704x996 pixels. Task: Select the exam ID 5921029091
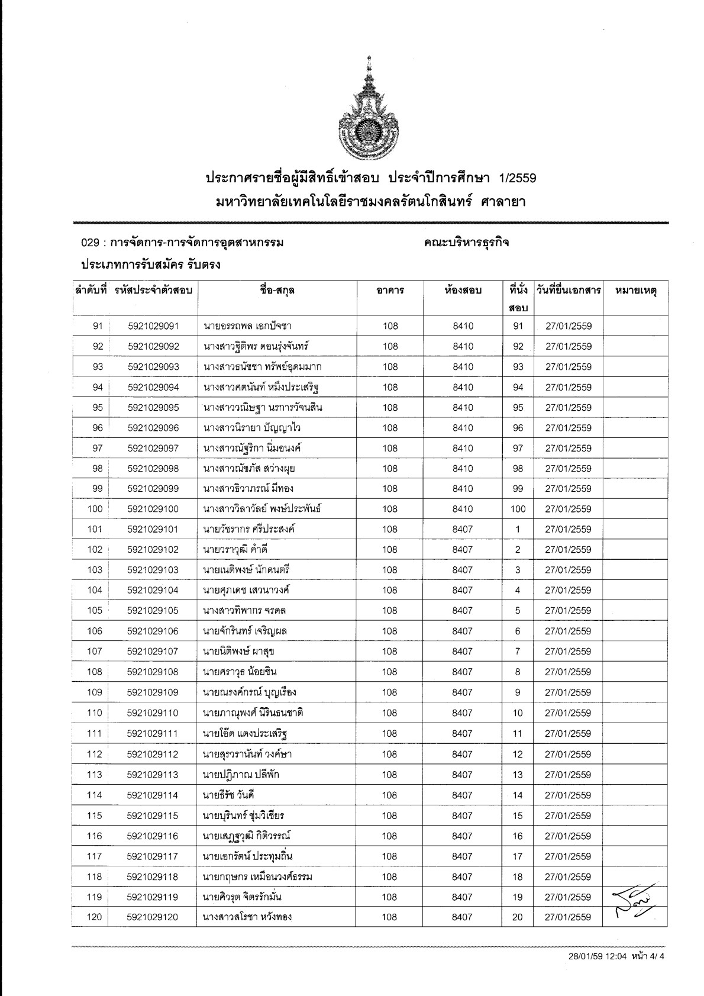tap(153, 326)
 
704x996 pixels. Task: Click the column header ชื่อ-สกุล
tap(277, 291)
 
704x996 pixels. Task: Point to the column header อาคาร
tap(390, 291)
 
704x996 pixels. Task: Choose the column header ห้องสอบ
tap(463, 291)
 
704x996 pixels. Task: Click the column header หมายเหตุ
tap(636, 291)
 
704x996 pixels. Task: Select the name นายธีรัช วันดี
tap(229, 795)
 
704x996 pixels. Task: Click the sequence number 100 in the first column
tap(95, 509)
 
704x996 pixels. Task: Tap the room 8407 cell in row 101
tap(463, 530)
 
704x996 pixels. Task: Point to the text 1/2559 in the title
tap(518, 178)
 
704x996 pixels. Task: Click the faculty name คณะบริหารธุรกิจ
tap(466, 243)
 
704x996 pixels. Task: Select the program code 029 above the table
tap(89, 243)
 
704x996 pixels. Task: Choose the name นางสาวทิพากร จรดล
tap(244, 611)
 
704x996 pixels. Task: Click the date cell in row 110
tap(568, 713)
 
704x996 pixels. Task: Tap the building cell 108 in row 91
tap(390, 326)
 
